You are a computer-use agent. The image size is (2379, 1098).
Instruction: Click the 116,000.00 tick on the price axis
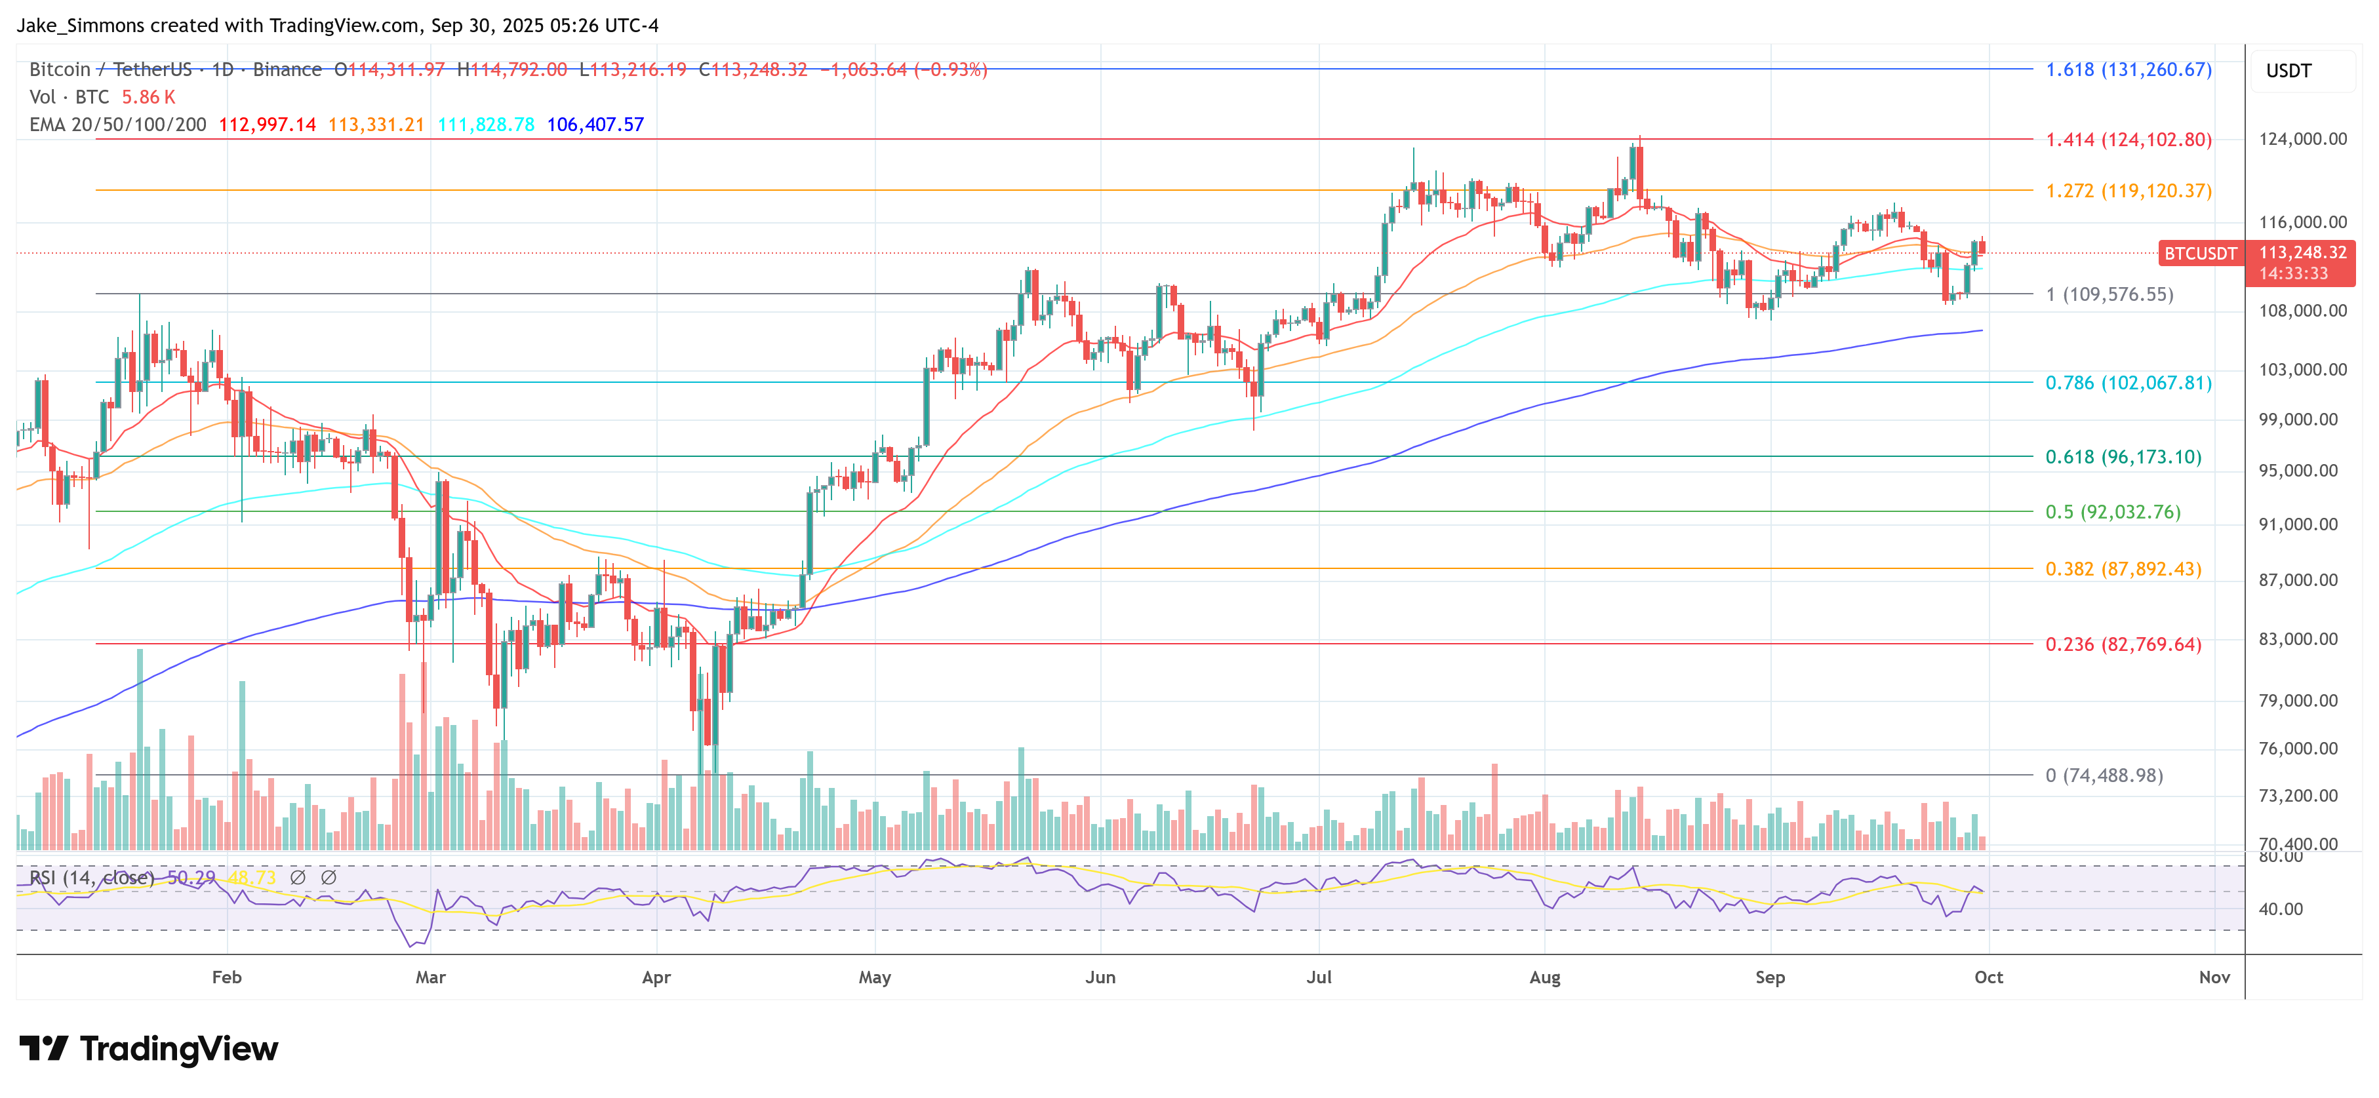[2302, 222]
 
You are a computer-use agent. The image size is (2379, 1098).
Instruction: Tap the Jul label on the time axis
[1319, 977]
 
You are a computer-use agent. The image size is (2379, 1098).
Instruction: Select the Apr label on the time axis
[656, 977]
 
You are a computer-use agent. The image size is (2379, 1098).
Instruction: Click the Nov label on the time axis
[2214, 977]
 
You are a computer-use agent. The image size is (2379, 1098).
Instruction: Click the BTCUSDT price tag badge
[2200, 253]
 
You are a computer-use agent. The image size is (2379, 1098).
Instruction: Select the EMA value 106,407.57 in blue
[595, 125]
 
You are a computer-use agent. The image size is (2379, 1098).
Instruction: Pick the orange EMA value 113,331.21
[376, 125]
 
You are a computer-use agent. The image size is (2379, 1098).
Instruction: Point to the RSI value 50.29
[191, 877]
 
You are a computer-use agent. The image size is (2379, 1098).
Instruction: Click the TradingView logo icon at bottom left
[43, 1048]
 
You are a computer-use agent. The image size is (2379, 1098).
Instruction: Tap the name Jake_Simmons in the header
[81, 26]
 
